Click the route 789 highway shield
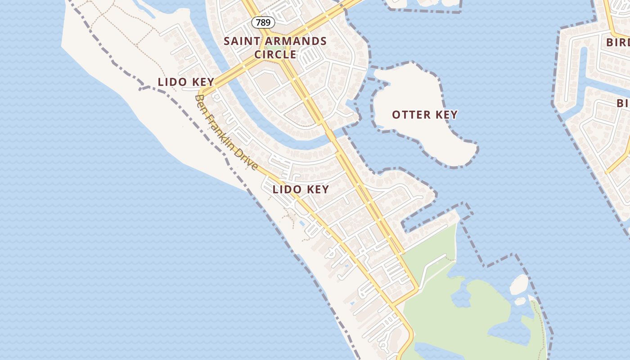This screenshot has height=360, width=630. [263, 22]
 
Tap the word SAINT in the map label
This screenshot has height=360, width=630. [241, 41]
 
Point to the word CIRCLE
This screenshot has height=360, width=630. [275, 54]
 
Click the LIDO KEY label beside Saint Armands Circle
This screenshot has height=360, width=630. [186, 82]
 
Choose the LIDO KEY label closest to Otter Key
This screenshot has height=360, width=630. [301, 189]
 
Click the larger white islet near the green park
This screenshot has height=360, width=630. [519, 284]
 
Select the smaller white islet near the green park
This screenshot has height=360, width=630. [520, 301]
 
